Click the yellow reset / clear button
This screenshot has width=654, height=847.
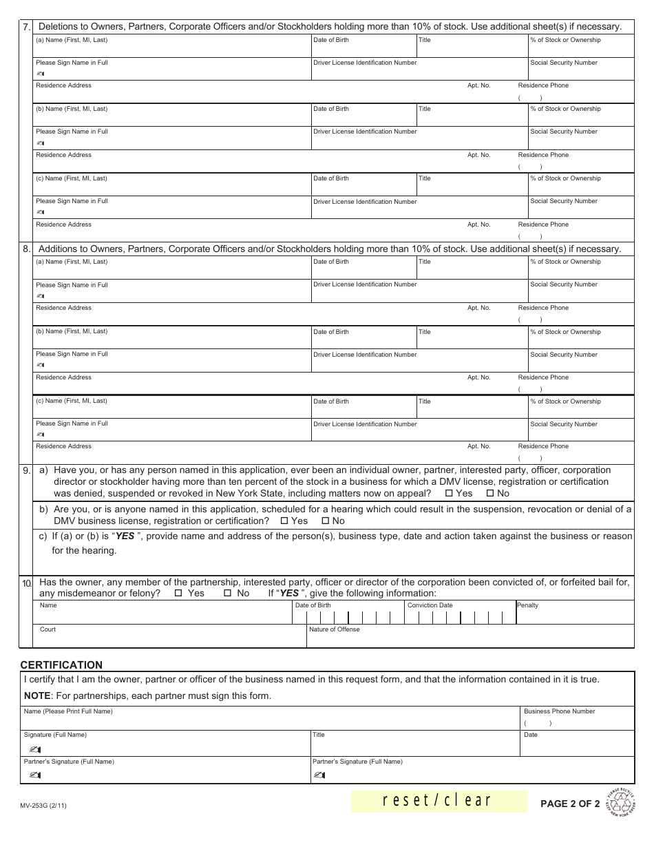pyautogui.click(x=439, y=800)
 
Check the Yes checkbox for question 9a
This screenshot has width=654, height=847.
pyautogui.click(x=450, y=494)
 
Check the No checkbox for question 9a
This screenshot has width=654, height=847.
pyautogui.click(x=490, y=494)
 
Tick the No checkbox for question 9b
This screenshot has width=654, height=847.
pyautogui.click(x=326, y=521)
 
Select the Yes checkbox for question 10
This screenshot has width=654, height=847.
pyautogui.click(x=178, y=594)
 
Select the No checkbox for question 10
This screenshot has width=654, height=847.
pyautogui.click(x=227, y=594)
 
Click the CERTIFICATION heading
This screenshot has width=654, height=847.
pyautogui.click(x=61, y=665)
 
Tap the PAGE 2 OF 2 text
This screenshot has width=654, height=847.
pyautogui.click(x=570, y=804)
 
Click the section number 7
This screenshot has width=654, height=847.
pyautogui.click(x=26, y=28)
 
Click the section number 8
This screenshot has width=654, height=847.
pyautogui.click(x=26, y=249)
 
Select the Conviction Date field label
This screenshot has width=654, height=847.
pyautogui.click(x=430, y=606)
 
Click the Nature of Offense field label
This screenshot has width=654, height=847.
pyautogui.click(x=335, y=629)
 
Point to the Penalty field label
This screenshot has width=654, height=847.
pyautogui.click(x=528, y=606)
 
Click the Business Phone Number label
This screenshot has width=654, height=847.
pyautogui.click(x=559, y=711)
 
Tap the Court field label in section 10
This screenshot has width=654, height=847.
pyautogui.click(x=48, y=629)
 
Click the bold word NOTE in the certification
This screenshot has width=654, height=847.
pyautogui.click(x=37, y=696)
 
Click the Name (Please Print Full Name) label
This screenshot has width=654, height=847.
pyautogui.click(x=68, y=711)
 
